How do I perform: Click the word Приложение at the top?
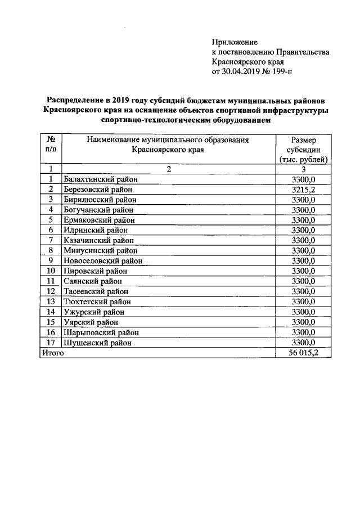(235, 42)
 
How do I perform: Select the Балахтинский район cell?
(101, 179)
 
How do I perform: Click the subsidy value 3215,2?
(304, 189)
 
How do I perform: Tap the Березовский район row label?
(100, 189)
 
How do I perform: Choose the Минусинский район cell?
(100, 250)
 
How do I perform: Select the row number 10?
(51, 271)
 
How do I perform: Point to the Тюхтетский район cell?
(98, 301)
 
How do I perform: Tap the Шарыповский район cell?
(101, 332)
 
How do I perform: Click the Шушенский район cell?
(98, 342)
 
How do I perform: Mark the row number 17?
(51, 342)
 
